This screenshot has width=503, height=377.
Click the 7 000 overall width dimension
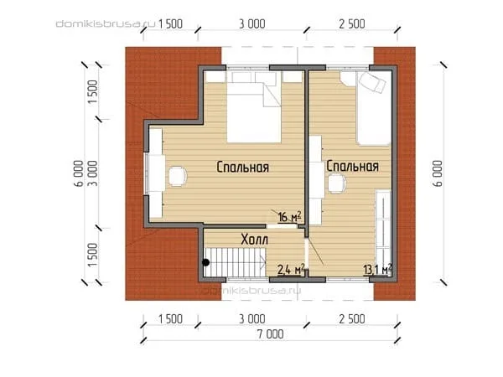[271, 334]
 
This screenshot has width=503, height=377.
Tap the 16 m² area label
[290, 216]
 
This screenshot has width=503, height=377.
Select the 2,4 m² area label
[291, 269]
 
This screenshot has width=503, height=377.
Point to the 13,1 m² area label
[377, 269]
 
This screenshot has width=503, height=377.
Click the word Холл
[254, 240]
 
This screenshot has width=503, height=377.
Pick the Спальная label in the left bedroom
[242, 167]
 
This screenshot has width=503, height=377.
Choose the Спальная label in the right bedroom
[353, 166]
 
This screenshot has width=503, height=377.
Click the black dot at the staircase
[205, 262]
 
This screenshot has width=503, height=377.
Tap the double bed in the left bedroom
[254, 107]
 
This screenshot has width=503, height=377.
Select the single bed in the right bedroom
[373, 109]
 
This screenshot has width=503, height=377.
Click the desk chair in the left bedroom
[178, 176]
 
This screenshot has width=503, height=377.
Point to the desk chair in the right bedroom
[336, 183]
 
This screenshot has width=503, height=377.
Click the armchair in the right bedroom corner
[372, 82]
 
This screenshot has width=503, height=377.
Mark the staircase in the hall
[235, 262]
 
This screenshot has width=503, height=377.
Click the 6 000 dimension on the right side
[438, 173]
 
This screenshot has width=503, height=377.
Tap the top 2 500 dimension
[352, 24]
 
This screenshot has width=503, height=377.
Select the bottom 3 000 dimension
[252, 319]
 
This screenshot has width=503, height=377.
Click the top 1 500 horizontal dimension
[170, 24]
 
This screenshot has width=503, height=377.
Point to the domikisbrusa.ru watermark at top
[106, 23]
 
